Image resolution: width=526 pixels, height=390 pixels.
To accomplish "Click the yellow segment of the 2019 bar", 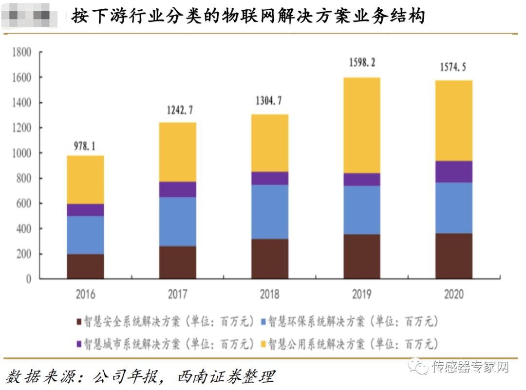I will coord(361,125).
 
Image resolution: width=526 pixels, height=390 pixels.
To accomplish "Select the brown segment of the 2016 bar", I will coord(85,266).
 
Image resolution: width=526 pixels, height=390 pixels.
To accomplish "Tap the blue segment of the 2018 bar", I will coord(269,212).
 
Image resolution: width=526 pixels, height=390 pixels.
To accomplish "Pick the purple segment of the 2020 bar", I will coord(453,171).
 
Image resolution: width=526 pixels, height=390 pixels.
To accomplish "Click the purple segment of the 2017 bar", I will coord(177,189).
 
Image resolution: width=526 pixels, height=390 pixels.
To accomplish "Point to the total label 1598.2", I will coord(362,63).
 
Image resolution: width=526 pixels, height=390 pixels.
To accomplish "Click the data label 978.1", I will coord(85,146).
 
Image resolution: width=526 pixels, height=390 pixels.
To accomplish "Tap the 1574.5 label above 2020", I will coord(453,68).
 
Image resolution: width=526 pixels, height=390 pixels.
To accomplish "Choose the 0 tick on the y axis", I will coord(28,279).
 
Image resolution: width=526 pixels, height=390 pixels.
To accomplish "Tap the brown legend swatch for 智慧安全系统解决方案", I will coord(79,322).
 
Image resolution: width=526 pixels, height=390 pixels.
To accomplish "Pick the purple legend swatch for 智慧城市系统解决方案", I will coord(79,344).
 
